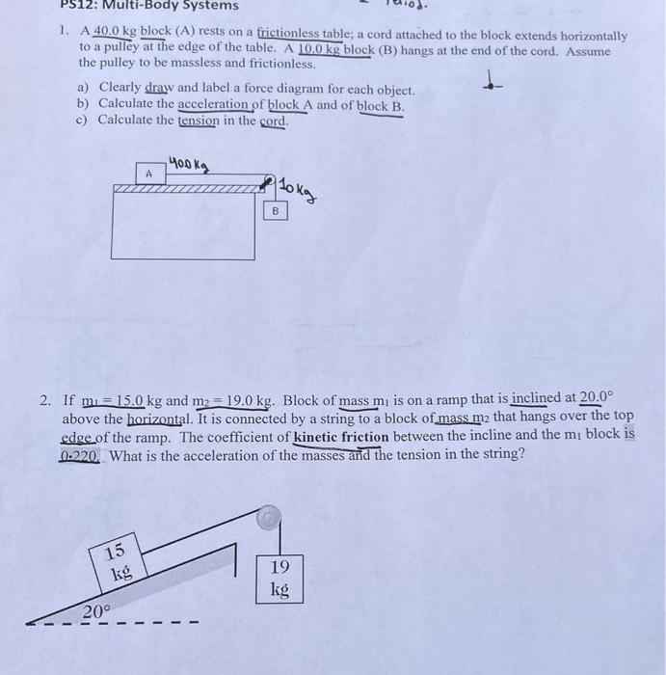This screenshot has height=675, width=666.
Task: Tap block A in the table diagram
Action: [148, 174]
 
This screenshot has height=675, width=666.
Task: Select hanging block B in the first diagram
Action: [275, 208]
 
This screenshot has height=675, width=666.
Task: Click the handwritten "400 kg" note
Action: [191, 164]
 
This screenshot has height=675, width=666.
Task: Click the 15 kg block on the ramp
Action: [117, 562]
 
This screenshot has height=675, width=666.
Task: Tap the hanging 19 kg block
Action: [280, 578]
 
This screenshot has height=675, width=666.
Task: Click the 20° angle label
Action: [95, 611]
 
